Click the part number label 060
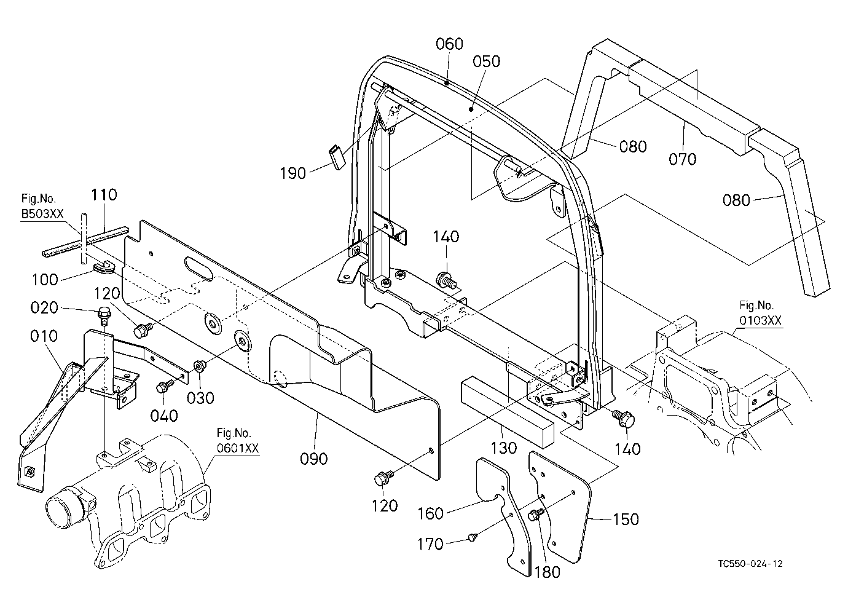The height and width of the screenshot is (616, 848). (x=449, y=44)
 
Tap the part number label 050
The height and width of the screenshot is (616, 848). (x=487, y=61)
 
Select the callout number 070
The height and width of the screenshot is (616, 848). (x=682, y=159)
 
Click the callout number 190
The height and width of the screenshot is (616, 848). (x=292, y=173)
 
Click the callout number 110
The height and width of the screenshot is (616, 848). (x=104, y=195)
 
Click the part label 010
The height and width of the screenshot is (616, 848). (x=44, y=336)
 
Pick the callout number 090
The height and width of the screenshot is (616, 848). (x=313, y=459)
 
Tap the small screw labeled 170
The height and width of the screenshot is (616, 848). (x=473, y=537)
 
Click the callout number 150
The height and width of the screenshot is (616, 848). (x=626, y=519)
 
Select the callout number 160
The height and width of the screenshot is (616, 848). (x=430, y=514)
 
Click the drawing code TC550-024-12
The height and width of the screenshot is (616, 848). (x=750, y=564)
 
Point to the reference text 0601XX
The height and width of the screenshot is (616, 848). (x=238, y=449)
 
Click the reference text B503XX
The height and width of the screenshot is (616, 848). (x=42, y=214)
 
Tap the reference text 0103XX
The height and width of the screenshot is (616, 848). (x=760, y=320)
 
